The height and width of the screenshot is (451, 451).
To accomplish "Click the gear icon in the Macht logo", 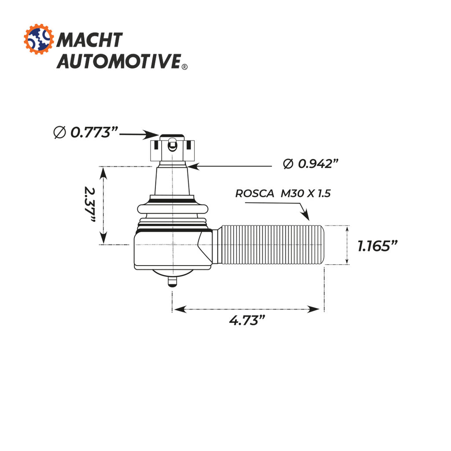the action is (x=39, y=39).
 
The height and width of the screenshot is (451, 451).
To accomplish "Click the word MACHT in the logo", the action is (x=89, y=40).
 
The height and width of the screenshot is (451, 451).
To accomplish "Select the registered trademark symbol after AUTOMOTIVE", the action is (x=185, y=67).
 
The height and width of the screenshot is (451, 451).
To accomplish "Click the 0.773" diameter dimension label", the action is (x=86, y=132).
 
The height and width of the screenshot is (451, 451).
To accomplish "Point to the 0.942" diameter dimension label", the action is (x=311, y=164).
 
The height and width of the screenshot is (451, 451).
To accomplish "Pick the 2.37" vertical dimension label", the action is (x=90, y=204).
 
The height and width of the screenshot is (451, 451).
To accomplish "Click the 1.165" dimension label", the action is (x=377, y=246).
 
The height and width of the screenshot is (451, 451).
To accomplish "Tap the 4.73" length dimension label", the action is (x=247, y=320).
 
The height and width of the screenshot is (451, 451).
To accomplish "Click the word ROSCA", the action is (x=255, y=193).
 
